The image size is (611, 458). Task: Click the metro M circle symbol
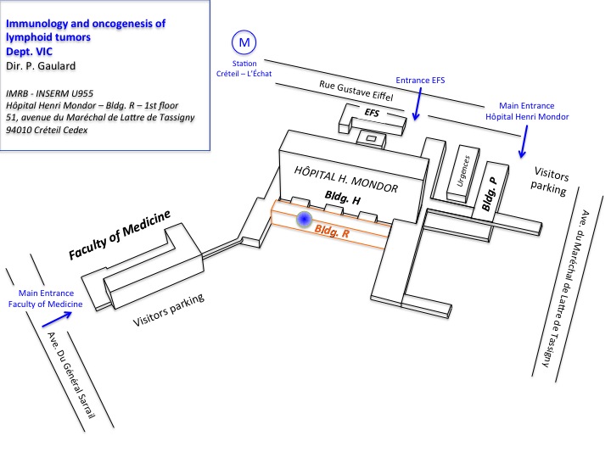coord(244,42)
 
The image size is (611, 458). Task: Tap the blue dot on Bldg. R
coord(304,220)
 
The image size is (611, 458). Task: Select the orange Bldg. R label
coord(332,232)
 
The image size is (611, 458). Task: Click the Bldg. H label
coord(343,198)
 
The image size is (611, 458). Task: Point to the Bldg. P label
coord(489,194)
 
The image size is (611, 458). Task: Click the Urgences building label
coord(463,171)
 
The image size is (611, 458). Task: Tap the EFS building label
coord(372,113)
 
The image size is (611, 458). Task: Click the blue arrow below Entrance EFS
coord(418,104)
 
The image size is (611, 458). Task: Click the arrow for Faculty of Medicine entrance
coord(57,319)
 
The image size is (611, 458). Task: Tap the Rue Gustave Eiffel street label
coord(356,91)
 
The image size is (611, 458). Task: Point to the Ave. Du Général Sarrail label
coord(71,375)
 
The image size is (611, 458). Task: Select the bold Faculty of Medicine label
coord(120,235)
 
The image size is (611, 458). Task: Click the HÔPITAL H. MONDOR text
coord(346,180)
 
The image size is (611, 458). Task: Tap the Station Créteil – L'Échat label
coord(244,69)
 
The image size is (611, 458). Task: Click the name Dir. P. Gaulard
coord(41,66)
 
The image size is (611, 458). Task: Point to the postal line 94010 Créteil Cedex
coord(47,130)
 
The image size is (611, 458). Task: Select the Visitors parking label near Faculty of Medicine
coord(168,310)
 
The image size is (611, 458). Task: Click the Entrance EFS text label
coord(420,81)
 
